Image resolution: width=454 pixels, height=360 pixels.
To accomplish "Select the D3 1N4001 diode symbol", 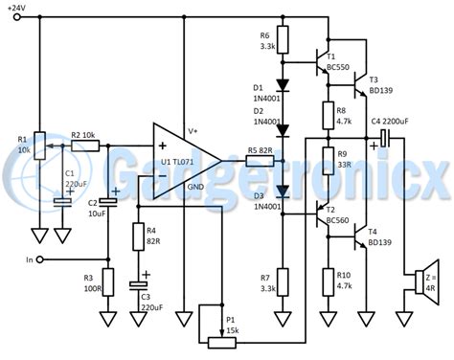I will pyautogui.click(x=282, y=201).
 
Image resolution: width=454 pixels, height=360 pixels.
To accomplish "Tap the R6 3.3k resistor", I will pyautogui.click(x=282, y=41).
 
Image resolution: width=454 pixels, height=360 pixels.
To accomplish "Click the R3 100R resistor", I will pyautogui.click(x=107, y=281).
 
